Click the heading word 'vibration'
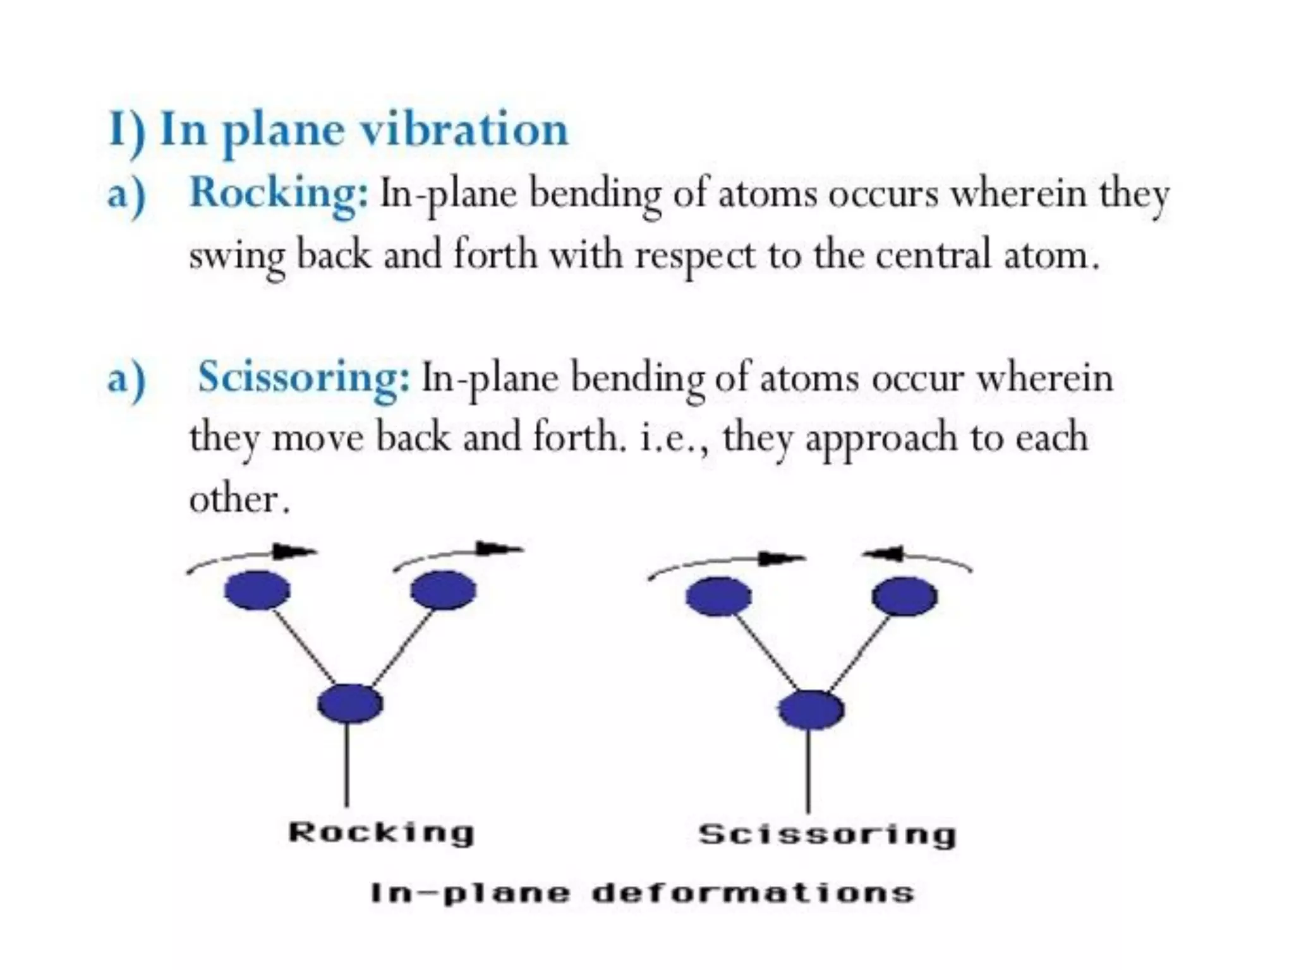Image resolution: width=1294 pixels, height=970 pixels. pyautogui.click(x=464, y=130)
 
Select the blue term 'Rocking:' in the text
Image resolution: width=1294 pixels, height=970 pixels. pyautogui.click(x=278, y=193)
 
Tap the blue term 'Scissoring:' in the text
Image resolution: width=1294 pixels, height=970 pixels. pyautogui.click(x=304, y=377)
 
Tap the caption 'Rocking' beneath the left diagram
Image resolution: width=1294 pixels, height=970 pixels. pyautogui.click(x=381, y=832)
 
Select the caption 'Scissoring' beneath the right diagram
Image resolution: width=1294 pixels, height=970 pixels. pyautogui.click(x=827, y=834)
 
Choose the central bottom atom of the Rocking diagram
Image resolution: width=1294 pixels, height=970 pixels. pyautogui.click(x=350, y=704)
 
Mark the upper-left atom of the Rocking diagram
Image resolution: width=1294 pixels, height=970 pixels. pyautogui.click(x=257, y=590)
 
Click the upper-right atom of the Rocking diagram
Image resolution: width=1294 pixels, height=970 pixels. pyautogui.click(x=443, y=590)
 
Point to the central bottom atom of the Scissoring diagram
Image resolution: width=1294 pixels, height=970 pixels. pyautogui.click(x=811, y=710)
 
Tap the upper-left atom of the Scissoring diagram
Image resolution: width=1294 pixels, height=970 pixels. pyautogui.click(x=718, y=597)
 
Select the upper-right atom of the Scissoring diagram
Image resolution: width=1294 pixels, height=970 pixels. pyautogui.click(x=904, y=597)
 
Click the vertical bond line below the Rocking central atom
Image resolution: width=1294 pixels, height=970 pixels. pyautogui.click(x=347, y=764)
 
